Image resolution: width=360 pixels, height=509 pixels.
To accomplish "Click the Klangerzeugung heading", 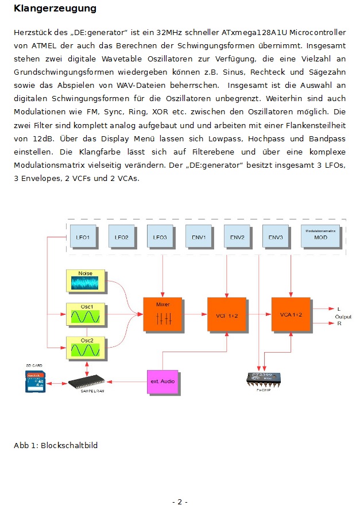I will tap(55, 9).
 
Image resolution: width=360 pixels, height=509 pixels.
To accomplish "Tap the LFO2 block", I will tap(122, 237).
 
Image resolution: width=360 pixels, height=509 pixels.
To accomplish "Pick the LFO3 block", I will tap(160, 237).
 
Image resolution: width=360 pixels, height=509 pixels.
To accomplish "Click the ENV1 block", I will tap(199, 237).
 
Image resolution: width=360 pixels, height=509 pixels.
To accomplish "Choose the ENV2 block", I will tap(237, 237).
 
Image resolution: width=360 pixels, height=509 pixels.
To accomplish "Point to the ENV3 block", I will tap(276, 237).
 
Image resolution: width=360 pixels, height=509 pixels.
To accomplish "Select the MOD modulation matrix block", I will tap(320, 236).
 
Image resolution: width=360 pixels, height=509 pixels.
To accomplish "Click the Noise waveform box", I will tap(86, 282).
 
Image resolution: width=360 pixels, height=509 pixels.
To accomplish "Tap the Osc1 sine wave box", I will tap(86, 314).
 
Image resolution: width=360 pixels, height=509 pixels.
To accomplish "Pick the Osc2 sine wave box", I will tap(86, 348).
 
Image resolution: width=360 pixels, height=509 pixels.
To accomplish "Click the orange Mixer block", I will tap(162, 314).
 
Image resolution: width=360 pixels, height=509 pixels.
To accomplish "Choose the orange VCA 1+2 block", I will tap(291, 314).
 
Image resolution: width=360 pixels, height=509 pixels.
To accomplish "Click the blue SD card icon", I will tap(35, 381).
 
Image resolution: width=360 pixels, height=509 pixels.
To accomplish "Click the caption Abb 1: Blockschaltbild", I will tap(56, 445).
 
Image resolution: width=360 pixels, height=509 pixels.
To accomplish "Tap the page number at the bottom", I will tap(180, 502).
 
